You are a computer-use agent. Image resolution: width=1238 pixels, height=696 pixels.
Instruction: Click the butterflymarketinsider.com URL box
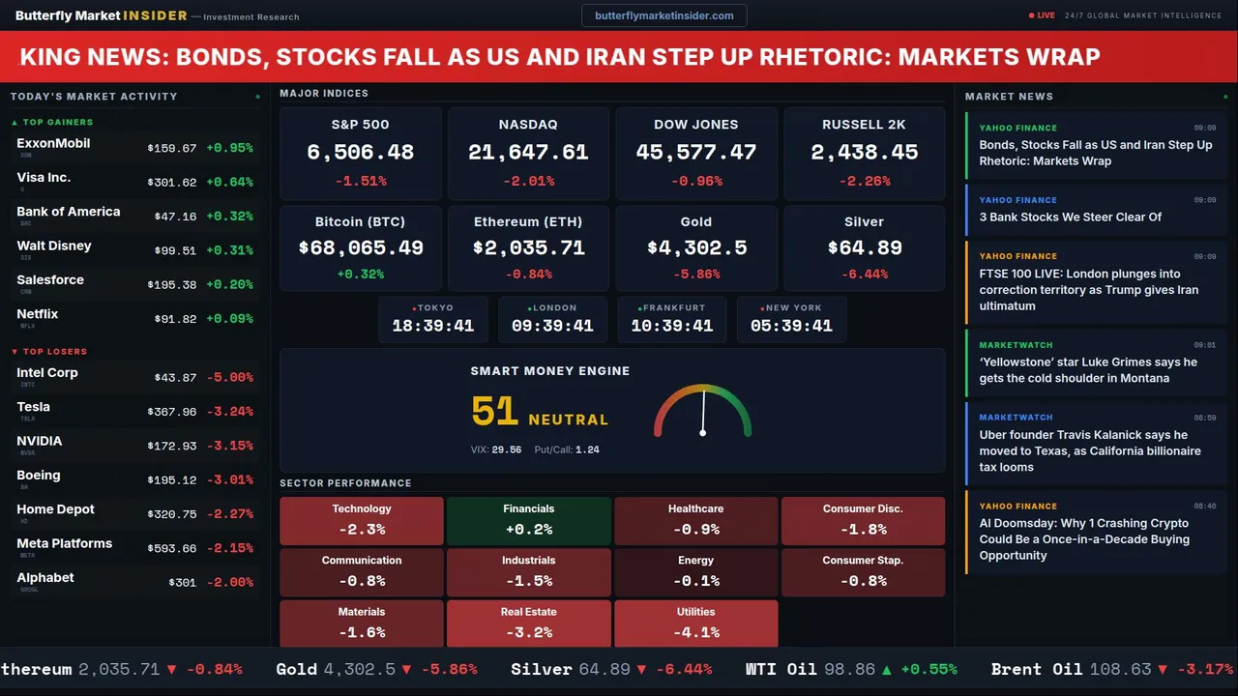[x=663, y=15]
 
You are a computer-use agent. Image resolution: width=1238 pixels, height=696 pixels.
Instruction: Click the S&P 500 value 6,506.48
[x=360, y=153]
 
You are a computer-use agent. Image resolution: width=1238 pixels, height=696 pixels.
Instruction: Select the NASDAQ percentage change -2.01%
[x=528, y=181]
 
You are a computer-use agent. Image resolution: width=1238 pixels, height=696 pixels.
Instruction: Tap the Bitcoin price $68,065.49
[x=360, y=247]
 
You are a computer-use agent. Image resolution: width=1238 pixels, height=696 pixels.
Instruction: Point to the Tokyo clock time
[x=432, y=326]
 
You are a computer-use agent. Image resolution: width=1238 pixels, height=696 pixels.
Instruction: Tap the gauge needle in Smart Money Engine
[x=703, y=413]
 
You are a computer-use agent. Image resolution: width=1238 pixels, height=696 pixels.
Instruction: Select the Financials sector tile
[x=528, y=521]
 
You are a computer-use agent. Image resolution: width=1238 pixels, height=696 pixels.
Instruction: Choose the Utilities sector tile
[x=695, y=623]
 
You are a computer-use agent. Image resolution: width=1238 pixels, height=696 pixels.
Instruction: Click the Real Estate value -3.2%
[x=528, y=632]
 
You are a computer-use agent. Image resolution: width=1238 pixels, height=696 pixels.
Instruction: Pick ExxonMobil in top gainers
[x=53, y=143]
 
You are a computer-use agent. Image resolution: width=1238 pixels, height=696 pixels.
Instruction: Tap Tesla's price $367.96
[x=171, y=412]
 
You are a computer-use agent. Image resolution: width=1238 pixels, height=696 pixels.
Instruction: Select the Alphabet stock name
[x=45, y=577]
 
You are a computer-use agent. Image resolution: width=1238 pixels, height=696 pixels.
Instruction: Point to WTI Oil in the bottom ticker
[x=781, y=669]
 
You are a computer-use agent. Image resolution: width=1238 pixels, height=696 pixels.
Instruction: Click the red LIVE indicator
[x=1046, y=15]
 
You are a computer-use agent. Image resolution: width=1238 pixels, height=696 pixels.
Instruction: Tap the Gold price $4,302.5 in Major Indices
[x=696, y=247]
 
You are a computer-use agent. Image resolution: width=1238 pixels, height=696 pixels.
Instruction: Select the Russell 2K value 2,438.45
[x=864, y=153]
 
